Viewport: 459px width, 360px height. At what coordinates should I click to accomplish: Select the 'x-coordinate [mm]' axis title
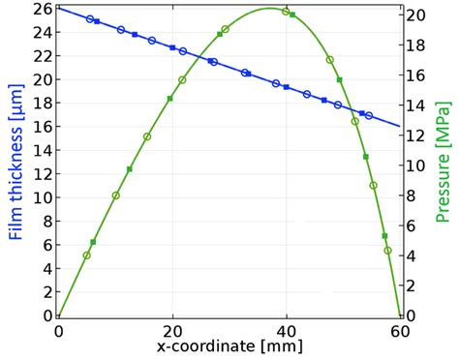point(229,345)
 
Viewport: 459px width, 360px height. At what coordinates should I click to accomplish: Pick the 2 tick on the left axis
point(42,292)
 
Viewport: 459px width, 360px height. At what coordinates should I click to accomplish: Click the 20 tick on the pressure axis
point(413,15)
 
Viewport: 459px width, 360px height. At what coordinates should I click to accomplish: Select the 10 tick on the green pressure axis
point(413,165)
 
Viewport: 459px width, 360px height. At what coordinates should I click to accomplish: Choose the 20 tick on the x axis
point(172,330)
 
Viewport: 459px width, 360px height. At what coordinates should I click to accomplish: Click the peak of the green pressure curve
point(269,9)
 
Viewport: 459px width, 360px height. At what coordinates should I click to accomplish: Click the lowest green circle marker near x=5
point(87,255)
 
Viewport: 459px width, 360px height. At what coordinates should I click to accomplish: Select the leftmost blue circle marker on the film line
point(90,19)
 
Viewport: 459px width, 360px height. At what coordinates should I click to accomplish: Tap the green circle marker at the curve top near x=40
point(286,12)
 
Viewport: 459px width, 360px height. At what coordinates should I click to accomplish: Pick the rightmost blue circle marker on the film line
point(369,115)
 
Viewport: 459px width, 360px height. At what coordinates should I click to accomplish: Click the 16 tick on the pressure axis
point(413,75)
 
